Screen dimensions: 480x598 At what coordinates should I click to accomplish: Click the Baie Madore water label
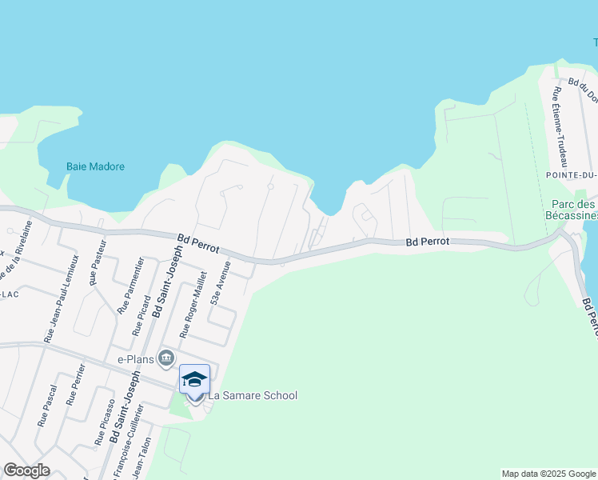95,166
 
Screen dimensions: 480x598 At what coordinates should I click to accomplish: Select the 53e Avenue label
221,282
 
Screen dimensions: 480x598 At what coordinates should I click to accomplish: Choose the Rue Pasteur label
98,266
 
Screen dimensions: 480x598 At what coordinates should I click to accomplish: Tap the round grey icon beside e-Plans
166,357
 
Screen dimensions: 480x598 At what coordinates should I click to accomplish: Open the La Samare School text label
253,395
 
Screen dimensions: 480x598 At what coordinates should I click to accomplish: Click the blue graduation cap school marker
194,379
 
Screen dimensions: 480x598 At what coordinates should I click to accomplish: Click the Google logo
26,470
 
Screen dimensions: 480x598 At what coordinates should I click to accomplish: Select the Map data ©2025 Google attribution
548,474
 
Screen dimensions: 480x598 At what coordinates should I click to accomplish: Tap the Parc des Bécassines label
572,210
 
